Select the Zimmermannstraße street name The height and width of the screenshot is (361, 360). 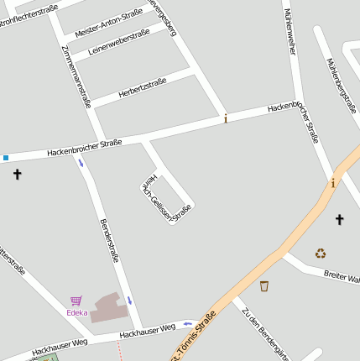(76, 76)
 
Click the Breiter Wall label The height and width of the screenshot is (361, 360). (342, 276)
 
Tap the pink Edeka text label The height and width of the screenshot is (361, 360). (77, 313)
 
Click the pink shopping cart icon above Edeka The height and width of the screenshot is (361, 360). (76, 301)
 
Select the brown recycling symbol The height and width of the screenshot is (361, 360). (321, 253)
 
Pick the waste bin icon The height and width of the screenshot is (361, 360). (264, 286)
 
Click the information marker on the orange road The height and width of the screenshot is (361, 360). (333, 183)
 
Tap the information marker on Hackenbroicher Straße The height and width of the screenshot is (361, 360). (226, 119)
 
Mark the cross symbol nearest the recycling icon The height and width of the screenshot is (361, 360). (340, 220)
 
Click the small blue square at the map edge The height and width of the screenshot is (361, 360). (5, 157)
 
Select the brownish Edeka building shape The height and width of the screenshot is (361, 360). (109, 308)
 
